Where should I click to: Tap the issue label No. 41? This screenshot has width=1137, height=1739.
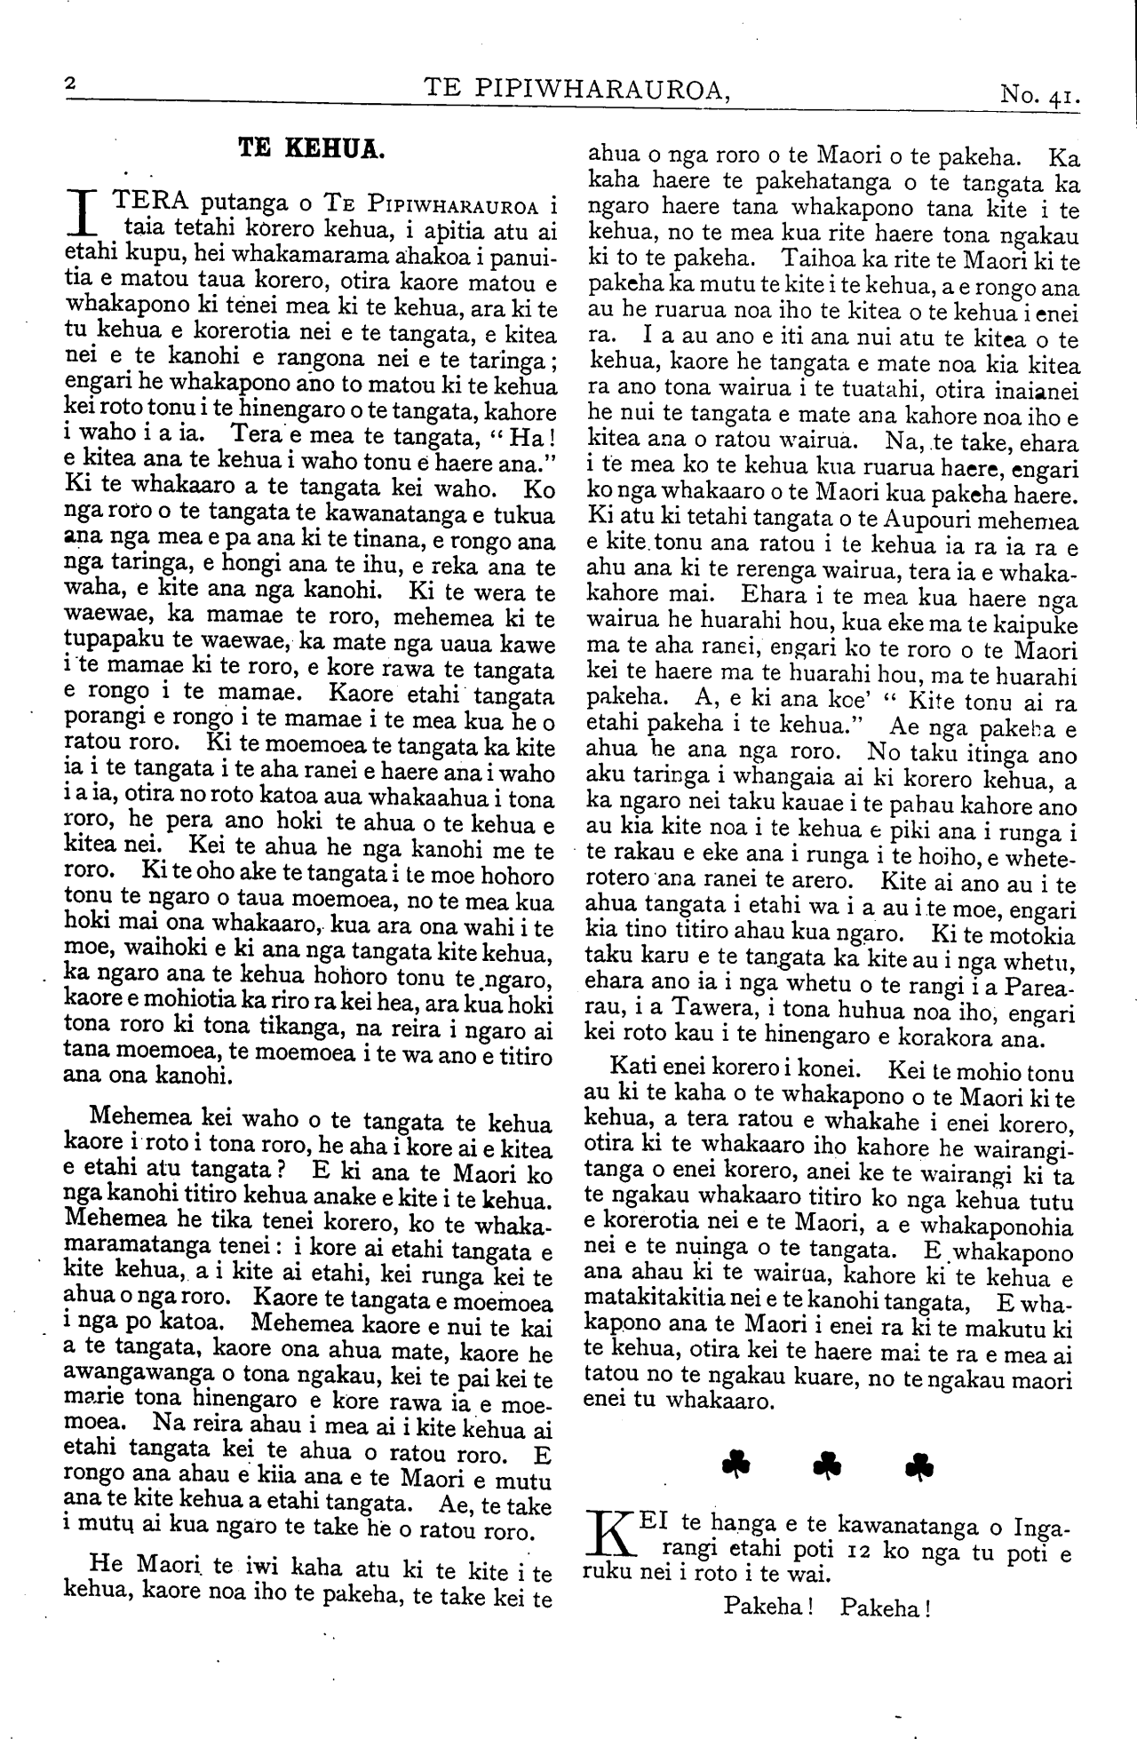click(1038, 92)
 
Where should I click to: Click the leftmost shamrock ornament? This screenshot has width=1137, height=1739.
click(736, 1465)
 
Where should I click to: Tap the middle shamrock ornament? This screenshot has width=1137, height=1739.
click(828, 1465)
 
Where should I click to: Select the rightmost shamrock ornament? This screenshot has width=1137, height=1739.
click(919, 1465)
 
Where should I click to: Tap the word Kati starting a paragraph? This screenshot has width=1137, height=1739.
click(632, 1072)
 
